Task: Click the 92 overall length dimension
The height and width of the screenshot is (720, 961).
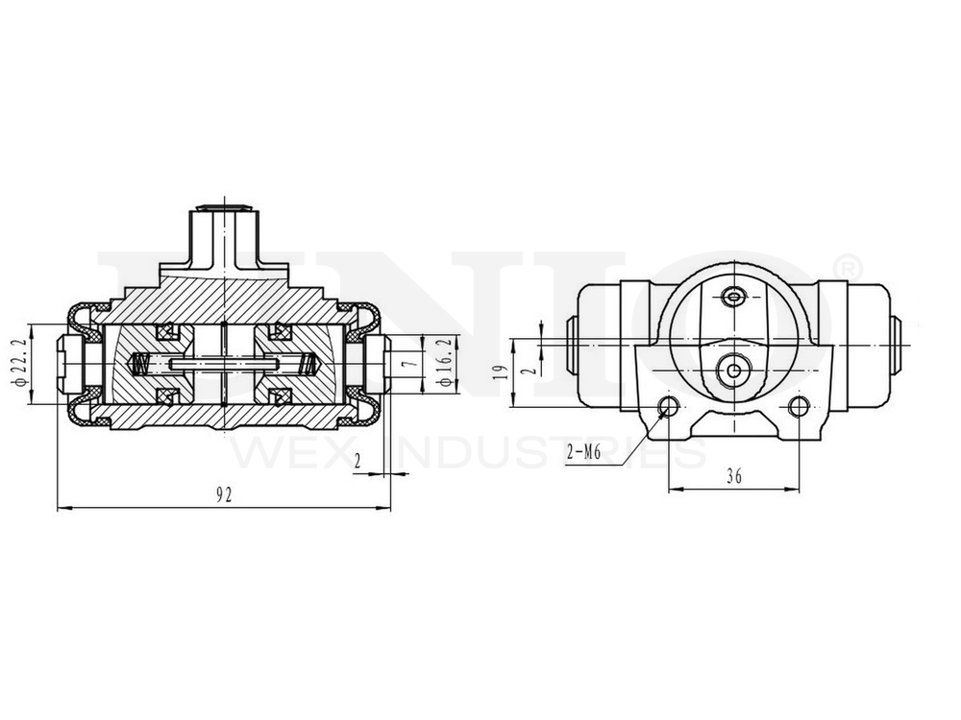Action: coord(224,495)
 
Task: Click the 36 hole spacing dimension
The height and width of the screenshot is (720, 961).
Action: coord(733,475)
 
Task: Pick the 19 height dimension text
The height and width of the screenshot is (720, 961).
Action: coord(498,372)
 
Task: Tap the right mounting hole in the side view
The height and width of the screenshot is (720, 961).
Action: coord(798,406)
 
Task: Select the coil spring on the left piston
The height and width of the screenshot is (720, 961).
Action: coord(139,365)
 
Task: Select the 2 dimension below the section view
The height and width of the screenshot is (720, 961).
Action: coord(357,462)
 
